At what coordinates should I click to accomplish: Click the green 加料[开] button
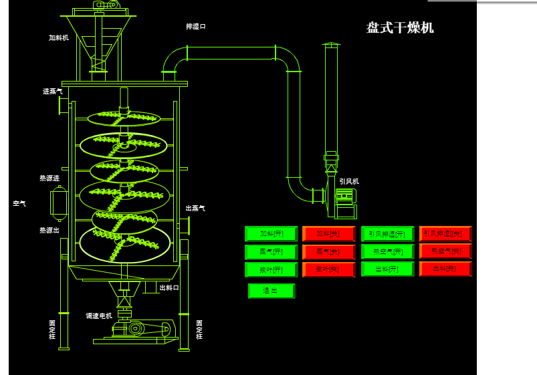pos(271,234)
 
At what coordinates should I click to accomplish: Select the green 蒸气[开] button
pos(271,252)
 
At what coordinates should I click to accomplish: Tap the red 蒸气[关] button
pos(328,252)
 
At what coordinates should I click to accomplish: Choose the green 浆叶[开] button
pos(271,269)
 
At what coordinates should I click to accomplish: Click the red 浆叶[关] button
pos(328,269)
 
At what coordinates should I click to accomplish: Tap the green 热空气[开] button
pos(387,252)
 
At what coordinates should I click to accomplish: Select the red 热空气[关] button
pos(445,251)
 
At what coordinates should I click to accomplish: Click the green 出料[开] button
pos(387,269)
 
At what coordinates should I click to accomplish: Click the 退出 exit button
pos(271,291)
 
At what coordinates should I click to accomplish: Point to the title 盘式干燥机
pos(400,28)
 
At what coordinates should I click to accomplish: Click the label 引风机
pos(349,181)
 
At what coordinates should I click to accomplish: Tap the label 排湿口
pos(196,27)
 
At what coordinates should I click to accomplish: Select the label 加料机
pos(59,38)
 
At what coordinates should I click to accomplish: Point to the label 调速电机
pos(99,316)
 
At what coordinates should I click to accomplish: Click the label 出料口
pos(169,288)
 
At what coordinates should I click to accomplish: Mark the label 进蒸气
pos(53,91)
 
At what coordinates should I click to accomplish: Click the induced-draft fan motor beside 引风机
pos(345,196)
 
